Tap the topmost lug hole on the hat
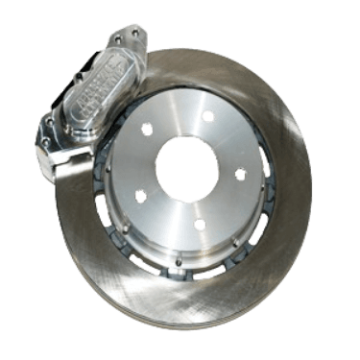coord(207,116)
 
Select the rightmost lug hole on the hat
coord(240,175)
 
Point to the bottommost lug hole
coord(200,225)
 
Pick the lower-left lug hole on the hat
coord(141,196)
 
